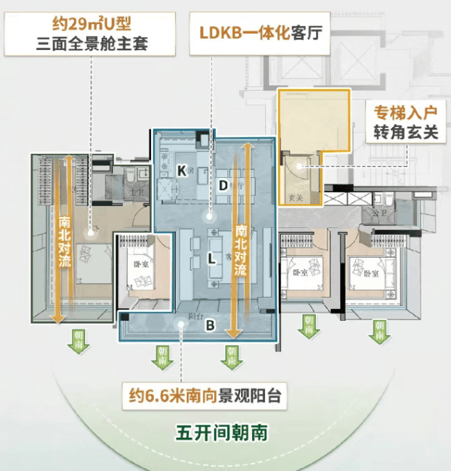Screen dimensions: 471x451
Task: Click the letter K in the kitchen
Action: point(181,170)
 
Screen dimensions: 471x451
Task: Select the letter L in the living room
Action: point(211,258)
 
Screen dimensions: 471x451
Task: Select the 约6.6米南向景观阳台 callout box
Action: point(203,396)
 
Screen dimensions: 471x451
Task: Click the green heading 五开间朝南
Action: point(222,433)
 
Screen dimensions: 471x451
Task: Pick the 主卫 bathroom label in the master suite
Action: point(134,192)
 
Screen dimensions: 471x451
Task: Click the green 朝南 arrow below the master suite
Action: point(78,340)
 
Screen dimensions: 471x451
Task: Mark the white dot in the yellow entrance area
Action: point(299,166)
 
